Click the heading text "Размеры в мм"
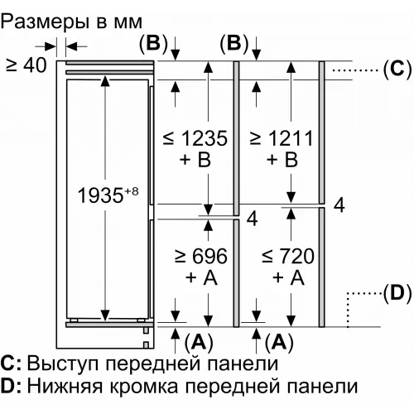click(71, 22)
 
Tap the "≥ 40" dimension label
click(26, 66)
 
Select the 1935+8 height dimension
click(108, 195)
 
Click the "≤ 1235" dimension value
click(195, 138)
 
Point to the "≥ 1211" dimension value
click(282, 138)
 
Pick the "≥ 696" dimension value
click(201, 256)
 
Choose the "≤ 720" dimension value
click(288, 256)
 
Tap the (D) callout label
click(397, 293)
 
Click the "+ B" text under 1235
click(195, 160)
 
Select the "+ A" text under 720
click(288, 277)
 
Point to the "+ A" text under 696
click(201, 277)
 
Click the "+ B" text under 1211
click(282, 160)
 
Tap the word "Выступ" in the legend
click(63, 364)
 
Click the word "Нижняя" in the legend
click(65, 386)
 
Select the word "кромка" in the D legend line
click(144, 387)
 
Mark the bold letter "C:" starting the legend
click(11, 363)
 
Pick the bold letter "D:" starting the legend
click(11, 386)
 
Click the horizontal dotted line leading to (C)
click(354, 70)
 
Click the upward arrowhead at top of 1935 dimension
click(105, 81)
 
